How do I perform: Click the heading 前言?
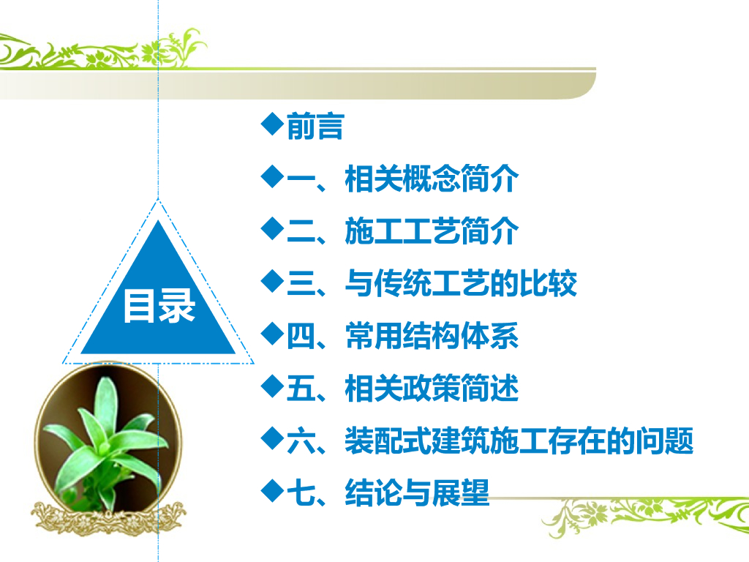coord(315,127)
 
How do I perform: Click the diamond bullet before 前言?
coord(273,124)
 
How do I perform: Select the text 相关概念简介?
coord(432,179)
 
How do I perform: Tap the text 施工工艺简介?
coord(432,231)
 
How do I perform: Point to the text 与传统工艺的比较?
coord(461,283)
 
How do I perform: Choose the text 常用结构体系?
coord(432,336)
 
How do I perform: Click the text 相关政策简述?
coord(432,388)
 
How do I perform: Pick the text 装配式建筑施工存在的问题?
coord(519,441)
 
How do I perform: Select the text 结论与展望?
coord(417,492)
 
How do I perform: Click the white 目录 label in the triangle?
coord(159,306)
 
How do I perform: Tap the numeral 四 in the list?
coord(301,336)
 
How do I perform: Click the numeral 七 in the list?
coord(301,492)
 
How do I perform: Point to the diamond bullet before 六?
coord(273,438)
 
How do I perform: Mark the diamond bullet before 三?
coord(273,281)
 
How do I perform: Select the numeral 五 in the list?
coord(301,388)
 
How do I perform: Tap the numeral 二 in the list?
coord(301,231)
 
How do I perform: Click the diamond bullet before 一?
coord(273,176)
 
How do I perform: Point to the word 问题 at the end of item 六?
coord(664,441)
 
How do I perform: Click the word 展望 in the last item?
coord(461,492)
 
